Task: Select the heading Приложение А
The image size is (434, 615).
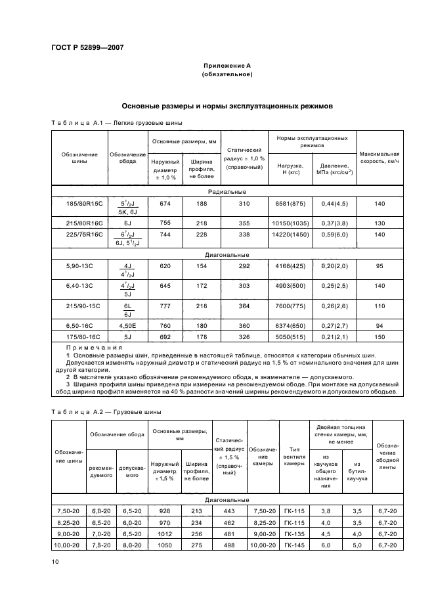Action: click(227, 66)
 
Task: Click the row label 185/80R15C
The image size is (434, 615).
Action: click(79, 204)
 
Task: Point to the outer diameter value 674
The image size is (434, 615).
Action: click(165, 204)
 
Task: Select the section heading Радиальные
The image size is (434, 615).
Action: click(227, 192)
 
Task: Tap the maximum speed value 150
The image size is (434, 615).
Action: click(380, 336)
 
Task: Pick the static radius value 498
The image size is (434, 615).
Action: click(228, 545)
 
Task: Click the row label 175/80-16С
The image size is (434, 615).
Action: click(79, 336)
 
